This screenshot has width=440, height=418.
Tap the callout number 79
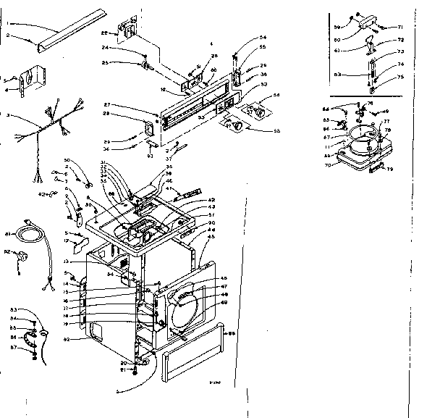pyautogui.click(x=389, y=170)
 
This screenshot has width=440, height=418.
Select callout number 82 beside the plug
pyautogui.click(x=8, y=251)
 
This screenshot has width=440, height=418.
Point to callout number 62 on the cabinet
pyautogui.click(x=67, y=338)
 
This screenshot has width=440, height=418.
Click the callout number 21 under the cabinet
pyautogui.click(x=114, y=369)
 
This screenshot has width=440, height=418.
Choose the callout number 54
pyautogui.click(x=263, y=36)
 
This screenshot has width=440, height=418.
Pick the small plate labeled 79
pyautogui.click(x=377, y=167)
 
